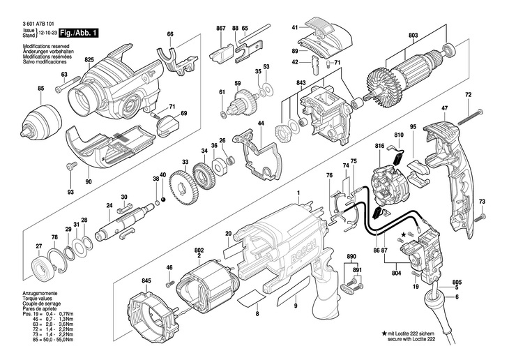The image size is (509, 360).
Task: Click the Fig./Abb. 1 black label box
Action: pyautogui.click(x=78, y=33)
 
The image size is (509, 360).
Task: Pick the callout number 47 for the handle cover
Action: pyautogui.click(x=443, y=107)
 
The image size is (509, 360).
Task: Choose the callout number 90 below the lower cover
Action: pyautogui.click(x=89, y=182)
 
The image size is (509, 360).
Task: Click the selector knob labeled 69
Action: pyautogui.click(x=169, y=126)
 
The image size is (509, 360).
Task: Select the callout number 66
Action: pyautogui.click(x=169, y=34)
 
